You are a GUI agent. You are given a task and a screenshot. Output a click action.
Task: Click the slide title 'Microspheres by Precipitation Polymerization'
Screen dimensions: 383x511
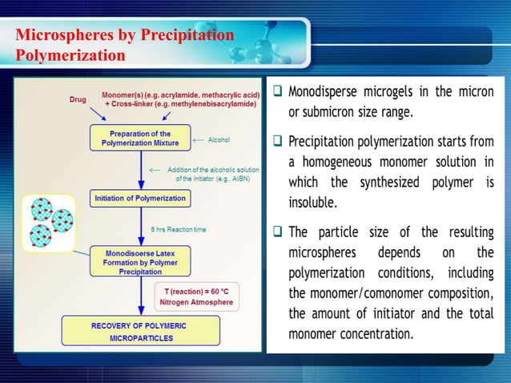pos(124,45)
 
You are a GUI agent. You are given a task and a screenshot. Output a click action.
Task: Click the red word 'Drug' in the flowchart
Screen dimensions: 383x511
pos(77,99)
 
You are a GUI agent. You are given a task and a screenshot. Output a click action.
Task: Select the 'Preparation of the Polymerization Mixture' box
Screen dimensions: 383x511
pos(140,138)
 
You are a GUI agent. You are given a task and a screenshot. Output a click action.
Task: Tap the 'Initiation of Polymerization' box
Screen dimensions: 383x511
pos(140,198)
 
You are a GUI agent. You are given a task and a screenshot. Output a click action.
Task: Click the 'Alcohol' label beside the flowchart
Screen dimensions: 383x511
pos(219,139)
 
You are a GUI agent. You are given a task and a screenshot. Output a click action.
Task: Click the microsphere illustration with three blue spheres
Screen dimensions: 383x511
pos(48,221)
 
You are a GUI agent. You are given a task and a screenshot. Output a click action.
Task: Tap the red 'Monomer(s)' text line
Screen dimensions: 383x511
pos(181,95)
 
